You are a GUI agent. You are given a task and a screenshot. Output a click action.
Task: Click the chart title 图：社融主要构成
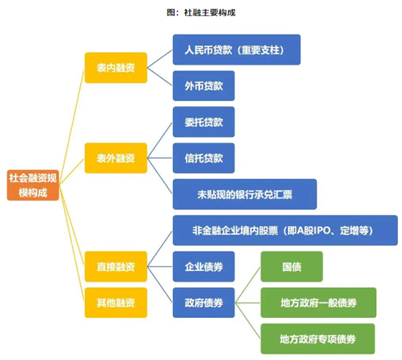point(201,13)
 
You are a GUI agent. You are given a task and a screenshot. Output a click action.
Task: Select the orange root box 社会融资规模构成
point(32,184)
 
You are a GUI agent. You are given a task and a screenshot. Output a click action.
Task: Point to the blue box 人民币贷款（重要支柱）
point(236,49)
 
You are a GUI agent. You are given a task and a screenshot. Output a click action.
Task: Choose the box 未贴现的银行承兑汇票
point(244,194)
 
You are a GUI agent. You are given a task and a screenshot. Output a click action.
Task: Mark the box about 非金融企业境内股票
point(285,231)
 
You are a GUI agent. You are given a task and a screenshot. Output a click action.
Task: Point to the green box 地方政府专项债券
point(318,337)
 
